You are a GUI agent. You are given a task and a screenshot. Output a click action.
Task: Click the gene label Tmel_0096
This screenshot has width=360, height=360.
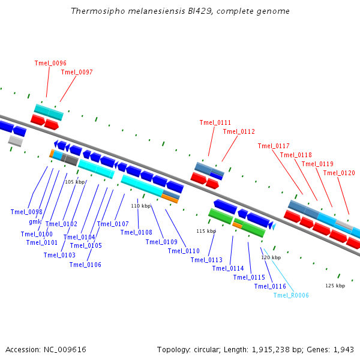(x=50, y=63)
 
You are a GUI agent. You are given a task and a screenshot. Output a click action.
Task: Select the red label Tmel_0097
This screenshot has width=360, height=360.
(x=77, y=72)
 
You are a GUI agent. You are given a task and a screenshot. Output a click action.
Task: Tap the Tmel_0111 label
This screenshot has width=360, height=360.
(x=215, y=122)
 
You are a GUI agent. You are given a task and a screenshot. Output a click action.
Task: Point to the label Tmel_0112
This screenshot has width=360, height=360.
(x=239, y=131)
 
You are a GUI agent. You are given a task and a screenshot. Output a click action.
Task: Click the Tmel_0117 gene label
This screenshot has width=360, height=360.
(x=274, y=146)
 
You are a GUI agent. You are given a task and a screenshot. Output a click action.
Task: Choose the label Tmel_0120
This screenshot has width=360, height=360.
(x=339, y=173)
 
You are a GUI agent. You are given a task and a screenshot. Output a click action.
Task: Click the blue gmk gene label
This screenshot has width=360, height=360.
(x=35, y=221)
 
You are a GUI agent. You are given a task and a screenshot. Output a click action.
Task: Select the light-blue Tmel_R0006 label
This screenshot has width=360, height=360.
(x=291, y=295)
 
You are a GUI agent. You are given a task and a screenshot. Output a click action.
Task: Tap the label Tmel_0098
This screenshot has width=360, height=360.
(x=26, y=212)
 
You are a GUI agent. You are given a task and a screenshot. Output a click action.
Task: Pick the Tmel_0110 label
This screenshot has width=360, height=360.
(x=184, y=251)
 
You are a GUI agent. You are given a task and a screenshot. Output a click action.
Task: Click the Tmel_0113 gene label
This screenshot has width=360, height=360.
(x=206, y=260)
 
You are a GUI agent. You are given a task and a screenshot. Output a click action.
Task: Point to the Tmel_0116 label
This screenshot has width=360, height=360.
(x=270, y=286)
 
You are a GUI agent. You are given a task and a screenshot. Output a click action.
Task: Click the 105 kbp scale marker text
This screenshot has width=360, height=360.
(x=74, y=182)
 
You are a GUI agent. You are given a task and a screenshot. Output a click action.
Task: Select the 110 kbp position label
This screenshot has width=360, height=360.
(x=140, y=206)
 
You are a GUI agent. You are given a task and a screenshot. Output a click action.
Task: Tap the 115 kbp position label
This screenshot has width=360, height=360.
(x=206, y=231)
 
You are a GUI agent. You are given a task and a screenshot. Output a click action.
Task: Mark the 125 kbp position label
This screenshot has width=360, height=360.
(x=335, y=286)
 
